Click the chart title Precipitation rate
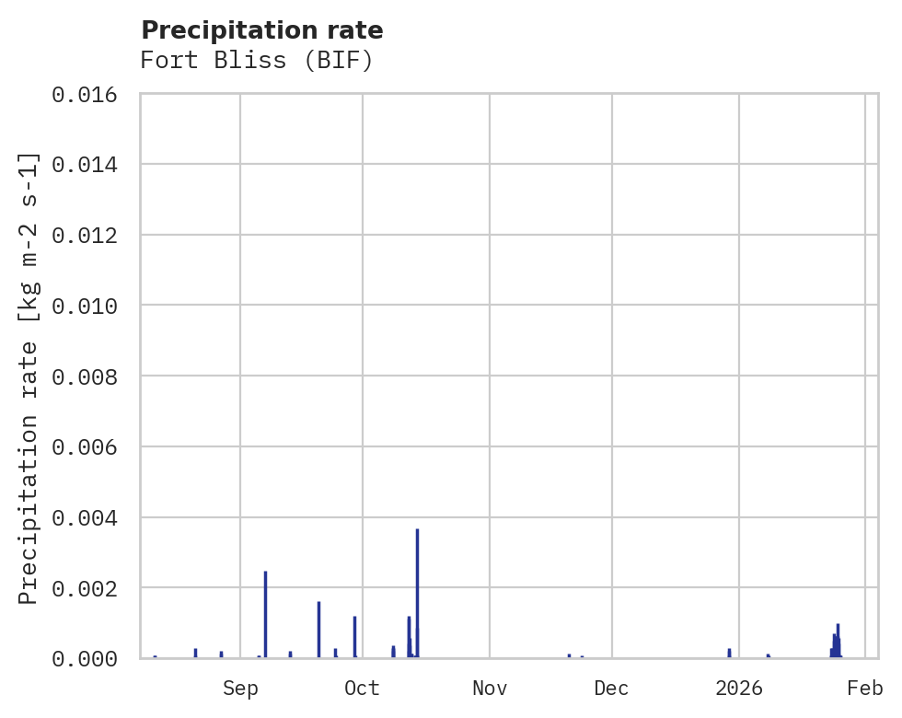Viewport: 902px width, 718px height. pos(262,30)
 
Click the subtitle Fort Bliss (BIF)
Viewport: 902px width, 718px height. pos(257,61)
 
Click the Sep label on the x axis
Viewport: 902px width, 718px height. pos(240,689)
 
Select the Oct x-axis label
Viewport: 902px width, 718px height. pos(362,689)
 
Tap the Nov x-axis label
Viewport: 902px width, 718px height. pos(490,689)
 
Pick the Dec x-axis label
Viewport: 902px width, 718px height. pos(612,689)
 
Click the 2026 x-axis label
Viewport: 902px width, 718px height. pos(740,689)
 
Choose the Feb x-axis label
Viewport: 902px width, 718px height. pos(865,689)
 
